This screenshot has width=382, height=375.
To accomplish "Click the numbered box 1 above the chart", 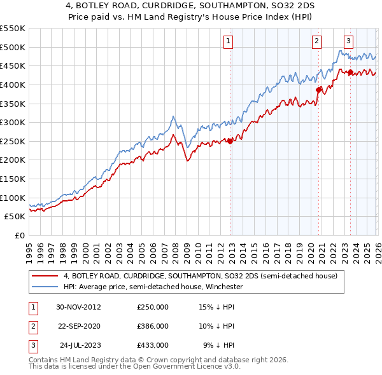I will pyautogui.click(x=228, y=41).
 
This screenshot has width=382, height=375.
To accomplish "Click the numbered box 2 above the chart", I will pyautogui.click(x=316, y=41).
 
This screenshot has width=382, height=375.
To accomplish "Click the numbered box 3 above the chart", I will pyautogui.click(x=348, y=41).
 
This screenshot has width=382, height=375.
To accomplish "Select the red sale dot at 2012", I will pyautogui.click(x=230, y=141).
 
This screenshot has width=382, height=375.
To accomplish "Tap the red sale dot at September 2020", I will pyautogui.click(x=318, y=90).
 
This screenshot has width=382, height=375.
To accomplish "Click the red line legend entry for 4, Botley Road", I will pyautogui.click(x=204, y=276).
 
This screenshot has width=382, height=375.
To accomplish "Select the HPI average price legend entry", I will pyautogui.click(x=153, y=287).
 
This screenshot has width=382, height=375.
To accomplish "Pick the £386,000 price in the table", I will pyautogui.click(x=153, y=326).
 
